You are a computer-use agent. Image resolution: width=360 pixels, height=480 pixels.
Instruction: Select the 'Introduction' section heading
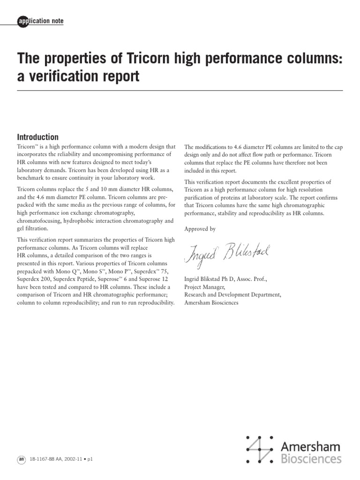(x=37, y=137)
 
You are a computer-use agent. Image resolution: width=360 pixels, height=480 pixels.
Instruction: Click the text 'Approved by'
(x=201, y=229)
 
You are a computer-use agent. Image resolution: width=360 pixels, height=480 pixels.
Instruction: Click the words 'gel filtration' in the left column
(x=33, y=228)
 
